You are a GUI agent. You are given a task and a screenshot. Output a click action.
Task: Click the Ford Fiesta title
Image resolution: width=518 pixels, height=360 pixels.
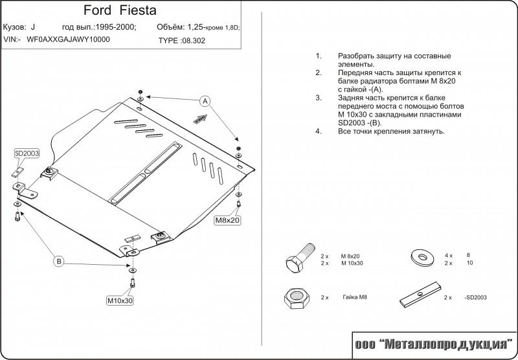click(120, 11)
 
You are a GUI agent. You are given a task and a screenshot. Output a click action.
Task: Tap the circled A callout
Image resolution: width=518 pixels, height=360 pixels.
click(205, 101)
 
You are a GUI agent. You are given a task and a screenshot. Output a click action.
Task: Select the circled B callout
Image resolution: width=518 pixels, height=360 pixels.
click(59, 262)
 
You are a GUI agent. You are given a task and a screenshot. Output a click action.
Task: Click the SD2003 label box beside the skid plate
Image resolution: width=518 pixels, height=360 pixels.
click(27, 153)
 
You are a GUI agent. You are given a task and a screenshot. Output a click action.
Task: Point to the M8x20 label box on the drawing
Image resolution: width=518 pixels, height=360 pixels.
click(228, 221)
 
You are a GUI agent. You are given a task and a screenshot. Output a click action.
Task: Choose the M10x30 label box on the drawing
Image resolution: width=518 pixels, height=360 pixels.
click(120, 300)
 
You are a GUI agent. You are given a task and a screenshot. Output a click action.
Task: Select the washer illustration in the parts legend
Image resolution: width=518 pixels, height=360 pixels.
click(424, 258)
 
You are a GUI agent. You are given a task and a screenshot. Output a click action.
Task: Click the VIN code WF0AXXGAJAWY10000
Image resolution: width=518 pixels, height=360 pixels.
click(67, 39)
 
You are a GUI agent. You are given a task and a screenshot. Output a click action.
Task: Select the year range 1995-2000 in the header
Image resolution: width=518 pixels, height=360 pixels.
click(115, 28)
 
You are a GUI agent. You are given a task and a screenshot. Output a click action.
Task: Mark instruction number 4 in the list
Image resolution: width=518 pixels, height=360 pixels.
click(319, 131)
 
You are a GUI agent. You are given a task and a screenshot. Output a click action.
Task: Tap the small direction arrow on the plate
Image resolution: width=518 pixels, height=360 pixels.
click(200, 118)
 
